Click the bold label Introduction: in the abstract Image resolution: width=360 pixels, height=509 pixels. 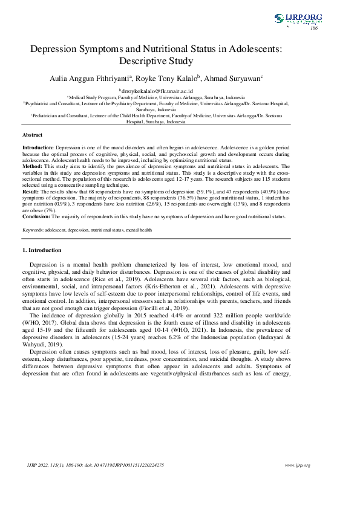[38, 148]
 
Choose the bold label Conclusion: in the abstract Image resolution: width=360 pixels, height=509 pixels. [36, 216]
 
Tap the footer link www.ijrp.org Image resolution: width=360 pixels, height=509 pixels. [297, 465]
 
